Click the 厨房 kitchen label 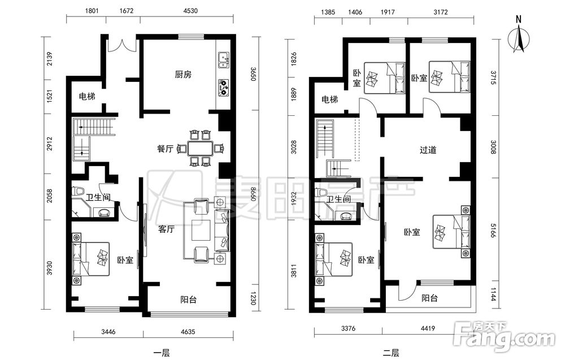[183, 75]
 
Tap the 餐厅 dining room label [166, 149]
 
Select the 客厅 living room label [167, 229]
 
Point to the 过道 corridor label [428, 150]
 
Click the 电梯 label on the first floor [87, 97]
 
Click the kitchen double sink [223, 60]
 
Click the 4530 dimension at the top [190, 11]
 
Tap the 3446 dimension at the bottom [108, 332]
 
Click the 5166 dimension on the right [493, 230]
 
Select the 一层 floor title [161, 353]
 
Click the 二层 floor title [391, 353]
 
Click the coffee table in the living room [201, 230]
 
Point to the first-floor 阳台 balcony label [189, 300]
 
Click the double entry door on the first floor [122, 44]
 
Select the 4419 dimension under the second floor [428, 328]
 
